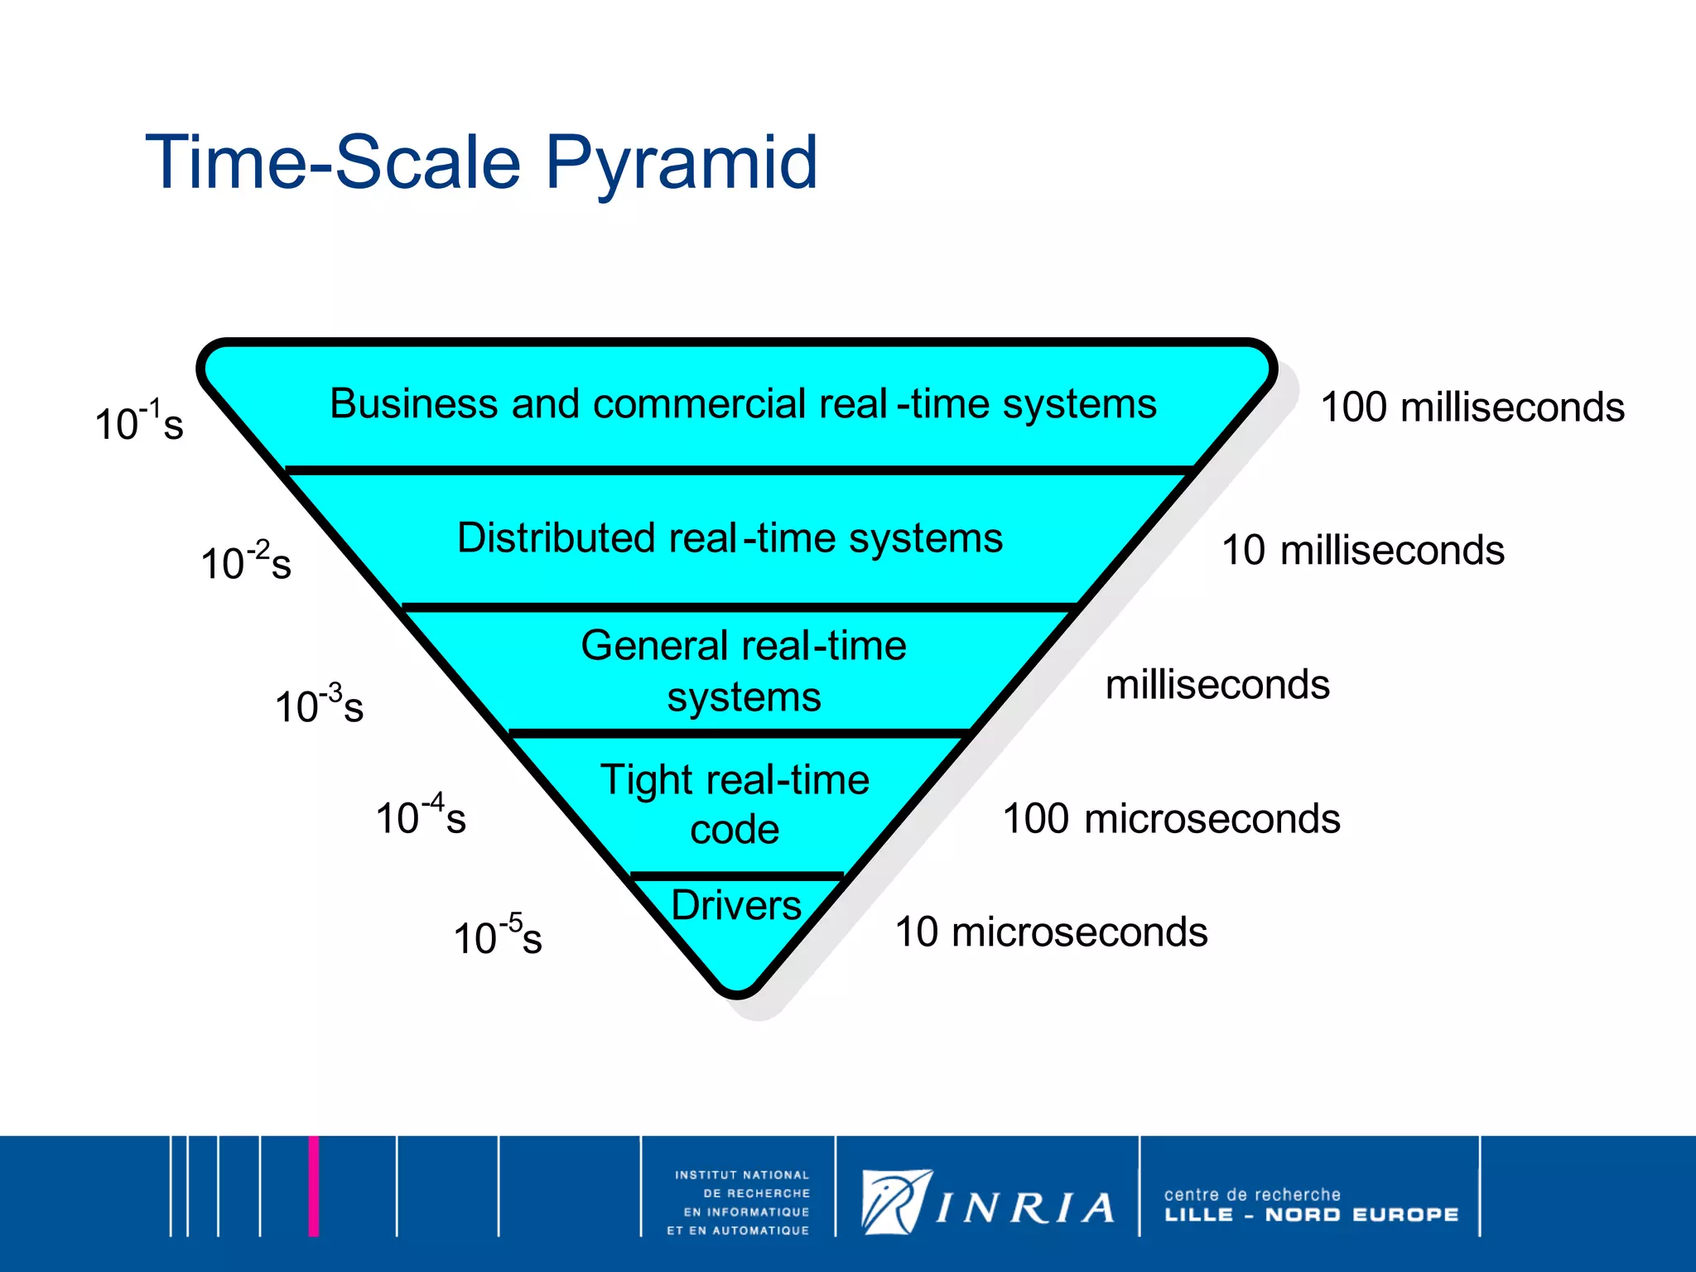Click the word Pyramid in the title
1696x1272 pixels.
tap(681, 163)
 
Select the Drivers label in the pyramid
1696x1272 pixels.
tap(735, 905)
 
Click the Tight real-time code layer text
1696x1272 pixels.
tap(735, 803)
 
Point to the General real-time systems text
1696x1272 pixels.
tap(744, 671)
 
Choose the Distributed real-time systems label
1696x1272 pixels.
tap(730, 538)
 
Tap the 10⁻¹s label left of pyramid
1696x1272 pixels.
tap(138, 422)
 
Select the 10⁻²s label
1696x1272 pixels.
tap(245, 561)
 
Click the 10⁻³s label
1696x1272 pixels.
tap(319, 705)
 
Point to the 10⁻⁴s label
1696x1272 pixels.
tap(420, 816)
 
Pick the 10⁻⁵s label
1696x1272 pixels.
tap(497, 936)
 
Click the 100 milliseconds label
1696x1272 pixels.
tap(1472, 407)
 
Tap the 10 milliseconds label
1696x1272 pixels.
tap(1362, 551)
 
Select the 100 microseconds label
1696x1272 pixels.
tap(1171, 819)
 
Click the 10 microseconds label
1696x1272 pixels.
tap(1051, 932)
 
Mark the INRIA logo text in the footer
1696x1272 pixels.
tap(1025, 1208)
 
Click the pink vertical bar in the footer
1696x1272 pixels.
tap(313, 1186)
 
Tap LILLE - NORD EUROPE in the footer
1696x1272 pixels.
tap(1311, 1215)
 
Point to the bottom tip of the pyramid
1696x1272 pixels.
tap(737, 990)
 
